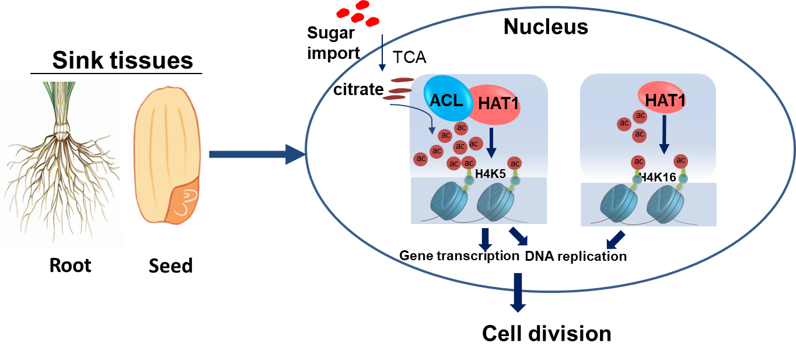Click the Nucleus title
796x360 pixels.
[546, 26]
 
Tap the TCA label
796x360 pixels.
[410, 57]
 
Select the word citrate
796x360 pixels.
[358, 90]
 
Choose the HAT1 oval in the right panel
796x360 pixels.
[661, 101]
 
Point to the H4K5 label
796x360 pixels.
[490, 173]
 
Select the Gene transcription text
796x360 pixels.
[459, 256]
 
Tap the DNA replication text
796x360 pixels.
[575, 256]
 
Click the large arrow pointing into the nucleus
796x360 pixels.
[257, 154]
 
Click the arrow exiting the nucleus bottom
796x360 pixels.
[518, 292]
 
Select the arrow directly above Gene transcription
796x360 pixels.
[485, 239]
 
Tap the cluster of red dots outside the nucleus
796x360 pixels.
[357, 13]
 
